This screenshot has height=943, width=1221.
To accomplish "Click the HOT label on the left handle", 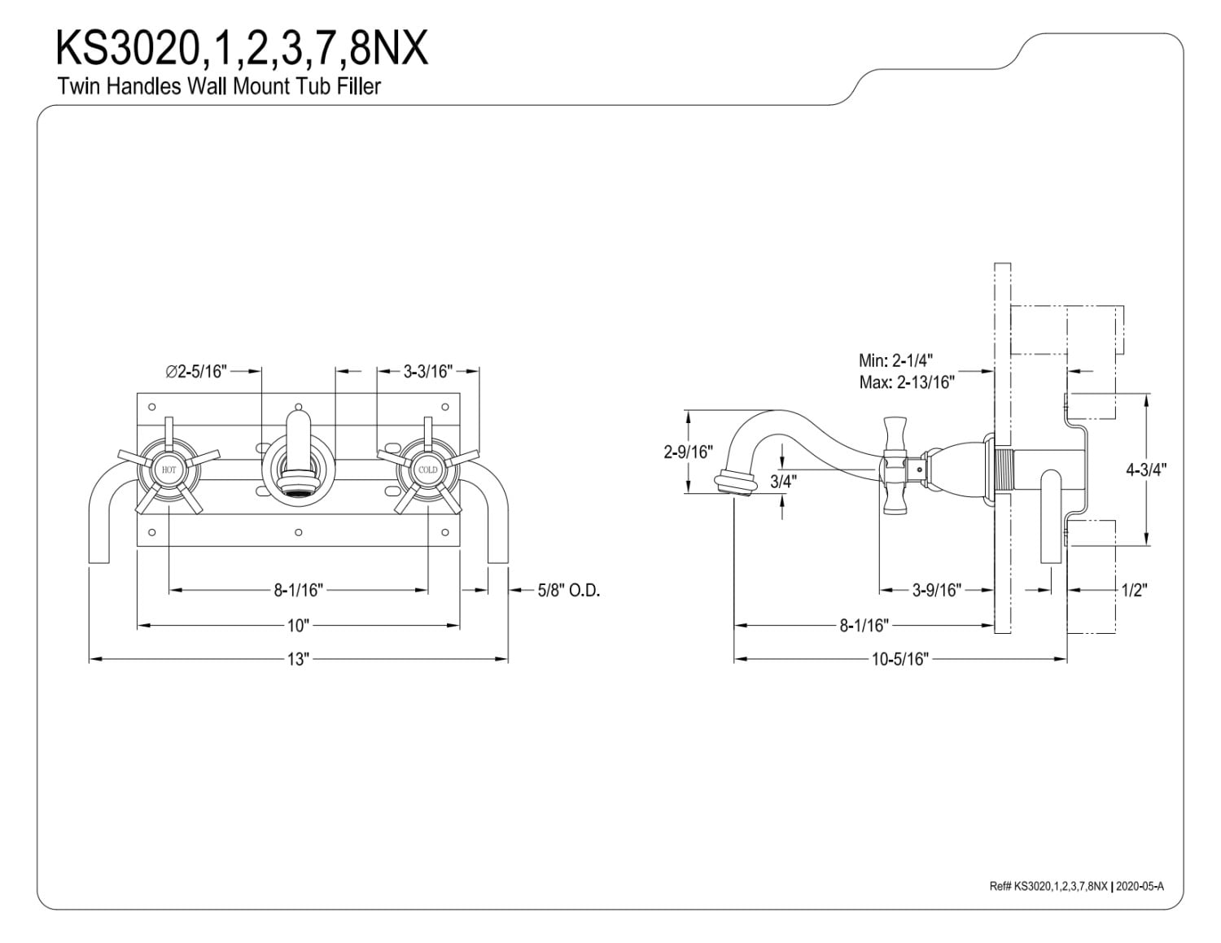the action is pyautogui.click(x=168, y=469).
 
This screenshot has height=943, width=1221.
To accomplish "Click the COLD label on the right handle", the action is pyautogui.click(x=427, y=469).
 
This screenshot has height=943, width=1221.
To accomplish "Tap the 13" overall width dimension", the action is pyautogui.click(x=299, y=659).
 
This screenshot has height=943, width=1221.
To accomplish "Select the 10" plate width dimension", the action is pyautogui.click(x=299, y=625).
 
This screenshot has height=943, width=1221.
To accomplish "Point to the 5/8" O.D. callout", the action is pyautogui.click(x=569, y=590).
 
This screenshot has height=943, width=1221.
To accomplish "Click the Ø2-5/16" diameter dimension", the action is pyautogui.click(x=196, y=371).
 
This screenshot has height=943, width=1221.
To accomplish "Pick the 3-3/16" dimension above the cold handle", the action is pyautogui.click(x=427, y=371).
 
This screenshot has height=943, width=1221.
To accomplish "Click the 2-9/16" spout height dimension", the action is pyautogui.click(x=689, y=452).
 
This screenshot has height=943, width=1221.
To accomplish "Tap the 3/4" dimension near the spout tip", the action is pyautogui.click(x=783, y=482).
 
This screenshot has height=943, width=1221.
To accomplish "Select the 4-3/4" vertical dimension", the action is pyautogui.click(x=1146, y=469).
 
